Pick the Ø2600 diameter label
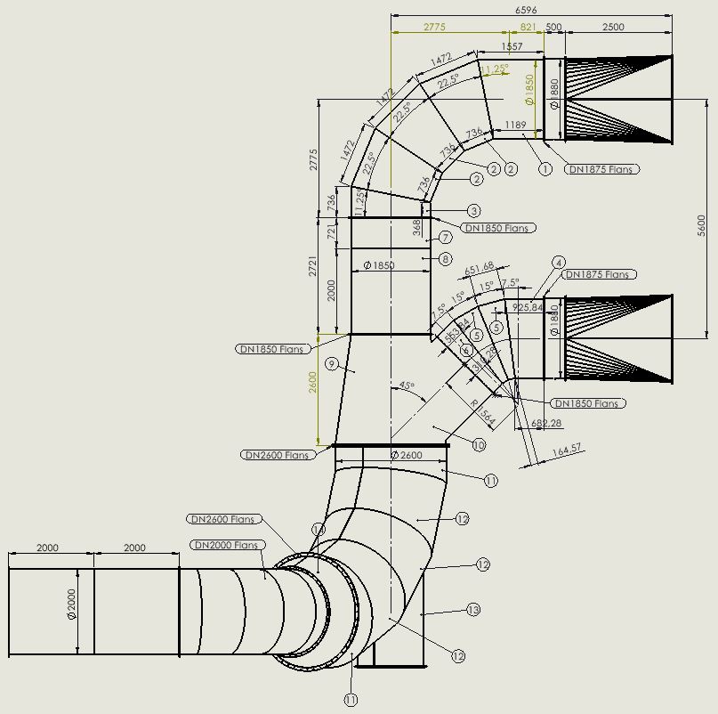click(x=407, y=455)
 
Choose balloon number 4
click(x=559, y=263)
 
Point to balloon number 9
click(x=331, y=364)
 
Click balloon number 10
click(x=479, y=445)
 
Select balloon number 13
click(x=473, y=610)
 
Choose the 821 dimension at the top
click(x=528, y=28)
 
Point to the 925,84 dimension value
click(x=529, y=307)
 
